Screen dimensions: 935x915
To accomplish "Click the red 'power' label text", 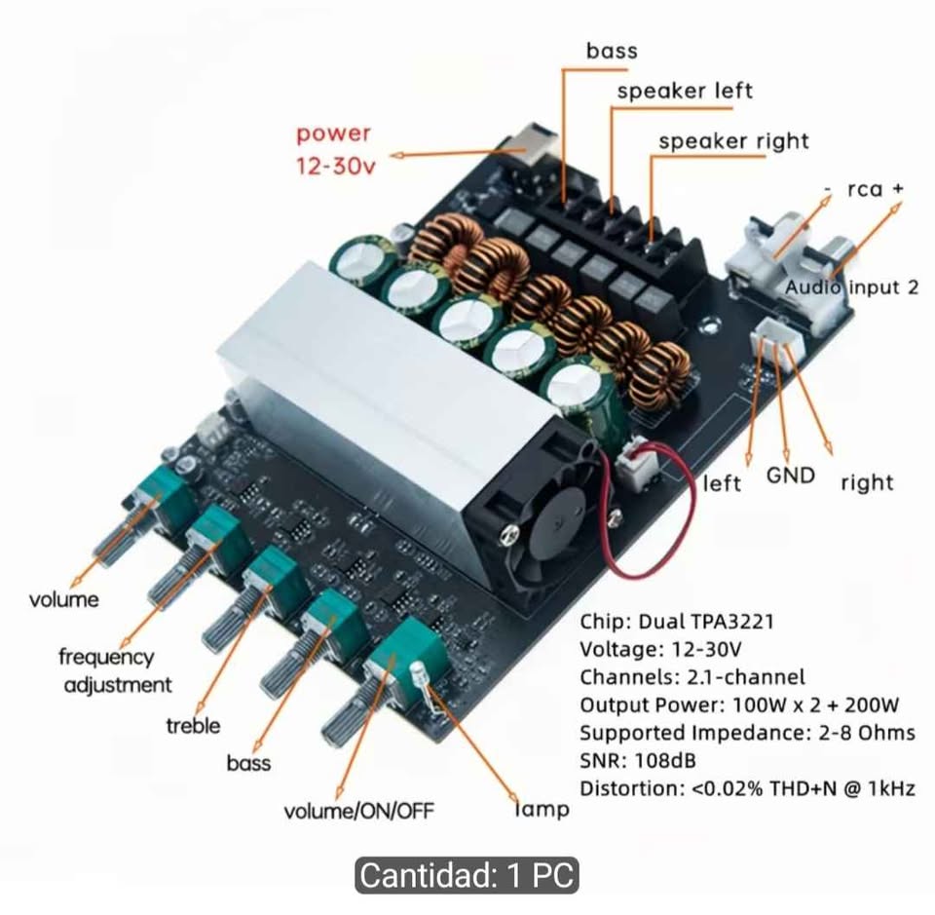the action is pyautogui.click(x=333, y=134).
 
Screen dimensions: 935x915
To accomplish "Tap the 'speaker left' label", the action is pyautogui.click(x=685, y=91).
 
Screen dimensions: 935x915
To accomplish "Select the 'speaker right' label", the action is pyautogui.click(x=734, y=141).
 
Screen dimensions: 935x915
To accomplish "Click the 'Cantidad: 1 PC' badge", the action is pyautogui.click(x=467, y=875).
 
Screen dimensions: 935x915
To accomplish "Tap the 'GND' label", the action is pyautogui.click(x=790, y=476).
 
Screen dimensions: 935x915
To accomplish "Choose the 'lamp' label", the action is pyautogui.click(x=542, y=809).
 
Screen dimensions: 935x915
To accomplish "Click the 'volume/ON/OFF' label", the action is pyautogui.click(x=359, y=811).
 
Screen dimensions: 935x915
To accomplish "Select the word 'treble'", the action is pyautogui.click(x=193, y=725).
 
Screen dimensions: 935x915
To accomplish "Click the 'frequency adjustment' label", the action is pyautogui.click(x=115, y=670).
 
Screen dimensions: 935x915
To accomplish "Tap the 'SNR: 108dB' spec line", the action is pyautogui.click(x=637, y=760).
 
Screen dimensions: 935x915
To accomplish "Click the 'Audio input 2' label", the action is pyautogui.click(x=851, y=286).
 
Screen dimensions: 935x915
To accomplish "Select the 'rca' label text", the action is pyautogui.click(x=865, y=189).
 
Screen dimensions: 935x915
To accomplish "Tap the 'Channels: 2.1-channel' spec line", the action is pyautogui.click(x=692, y=677).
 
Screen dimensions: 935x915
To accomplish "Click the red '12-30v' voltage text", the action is pyautogui.click(x=336, y=166).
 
